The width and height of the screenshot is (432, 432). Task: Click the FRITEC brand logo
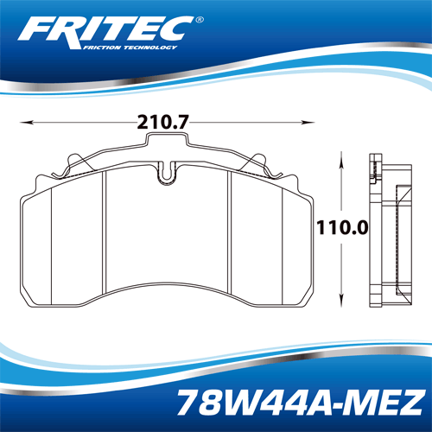(111, 33)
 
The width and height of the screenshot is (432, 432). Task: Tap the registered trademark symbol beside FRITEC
(200, 20)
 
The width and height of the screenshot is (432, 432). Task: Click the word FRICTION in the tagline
(102, 48)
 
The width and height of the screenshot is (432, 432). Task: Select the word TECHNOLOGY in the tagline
(150, 48)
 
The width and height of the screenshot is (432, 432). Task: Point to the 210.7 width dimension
(162, 122)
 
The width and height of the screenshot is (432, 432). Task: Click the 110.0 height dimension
(342, 227)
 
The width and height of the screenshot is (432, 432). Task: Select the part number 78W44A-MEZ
(301, 402)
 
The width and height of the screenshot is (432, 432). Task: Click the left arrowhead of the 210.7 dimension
(26, 123)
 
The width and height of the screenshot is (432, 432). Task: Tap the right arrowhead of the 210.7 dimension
(308, 123)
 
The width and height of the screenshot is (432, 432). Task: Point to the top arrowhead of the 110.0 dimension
(341, 158)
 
